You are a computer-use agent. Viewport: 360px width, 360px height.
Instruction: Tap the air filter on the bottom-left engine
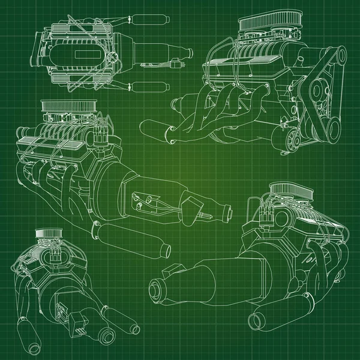coord(47,233)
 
